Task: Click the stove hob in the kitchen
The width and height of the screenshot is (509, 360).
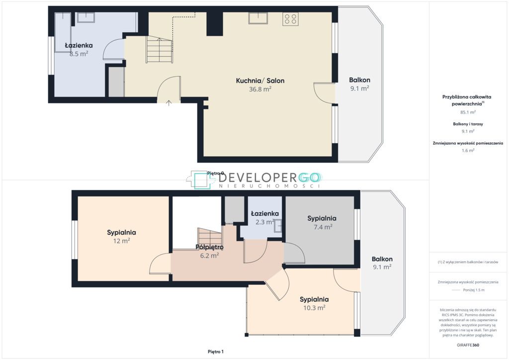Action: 290,19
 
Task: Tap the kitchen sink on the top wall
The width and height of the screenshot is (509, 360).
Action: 258,18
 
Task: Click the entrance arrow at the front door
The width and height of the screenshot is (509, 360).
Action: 169,103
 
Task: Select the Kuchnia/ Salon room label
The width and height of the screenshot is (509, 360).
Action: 260,81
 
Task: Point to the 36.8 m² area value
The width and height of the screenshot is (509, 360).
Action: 260,89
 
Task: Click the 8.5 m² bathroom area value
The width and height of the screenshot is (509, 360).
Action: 79,54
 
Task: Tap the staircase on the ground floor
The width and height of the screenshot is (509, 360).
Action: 160,49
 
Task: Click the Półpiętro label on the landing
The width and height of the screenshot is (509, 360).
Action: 209,247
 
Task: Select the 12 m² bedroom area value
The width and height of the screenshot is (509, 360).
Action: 121,241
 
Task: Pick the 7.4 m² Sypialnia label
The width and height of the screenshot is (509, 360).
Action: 322,218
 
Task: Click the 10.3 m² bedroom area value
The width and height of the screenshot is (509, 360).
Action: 314,308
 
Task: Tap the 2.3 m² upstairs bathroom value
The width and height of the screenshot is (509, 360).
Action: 265,222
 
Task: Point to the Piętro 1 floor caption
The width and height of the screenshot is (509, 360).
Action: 216,352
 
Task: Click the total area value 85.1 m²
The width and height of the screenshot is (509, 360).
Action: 468,112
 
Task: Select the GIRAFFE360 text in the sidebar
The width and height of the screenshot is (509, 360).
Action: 468,345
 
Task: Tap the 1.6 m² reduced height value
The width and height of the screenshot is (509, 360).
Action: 468,151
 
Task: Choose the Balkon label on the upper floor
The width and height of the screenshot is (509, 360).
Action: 382,259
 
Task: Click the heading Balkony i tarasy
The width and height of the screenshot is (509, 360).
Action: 468,124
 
